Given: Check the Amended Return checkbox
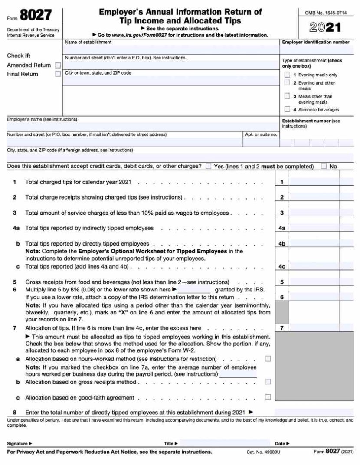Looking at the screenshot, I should (58, 65).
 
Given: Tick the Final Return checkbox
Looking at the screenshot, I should (58, 74).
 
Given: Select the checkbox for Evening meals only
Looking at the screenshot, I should (287, 75).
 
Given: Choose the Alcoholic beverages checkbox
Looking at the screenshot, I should (287, 110).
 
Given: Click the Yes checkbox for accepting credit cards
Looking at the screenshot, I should (209, 167).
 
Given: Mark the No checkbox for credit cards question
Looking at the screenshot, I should (324, 167).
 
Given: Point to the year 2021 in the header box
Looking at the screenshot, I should (325, 28).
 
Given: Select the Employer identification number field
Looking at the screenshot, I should (316, 50).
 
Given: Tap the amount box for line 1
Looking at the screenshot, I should (314, 182).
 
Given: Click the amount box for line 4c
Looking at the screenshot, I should (314, 266).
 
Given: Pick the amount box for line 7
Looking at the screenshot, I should (314, 328).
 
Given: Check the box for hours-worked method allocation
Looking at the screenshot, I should (268, 359).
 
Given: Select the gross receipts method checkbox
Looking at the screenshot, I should (268, 382).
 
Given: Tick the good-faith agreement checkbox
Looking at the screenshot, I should (268, 397).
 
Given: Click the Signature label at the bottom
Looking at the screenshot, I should (20, 444).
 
